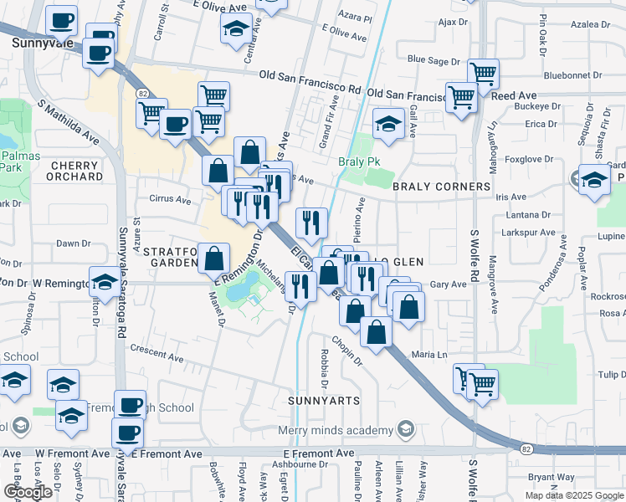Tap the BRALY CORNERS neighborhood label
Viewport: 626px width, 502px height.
442,187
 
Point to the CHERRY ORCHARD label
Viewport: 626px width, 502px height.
74,171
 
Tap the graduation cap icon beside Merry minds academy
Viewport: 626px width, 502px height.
405,431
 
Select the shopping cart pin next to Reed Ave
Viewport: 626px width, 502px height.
461,97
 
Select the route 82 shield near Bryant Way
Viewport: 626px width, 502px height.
526,449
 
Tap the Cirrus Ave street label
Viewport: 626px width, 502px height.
171,199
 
